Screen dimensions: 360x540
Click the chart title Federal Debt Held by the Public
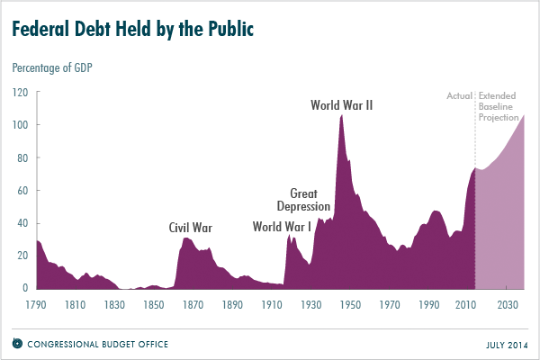tap(132, 29)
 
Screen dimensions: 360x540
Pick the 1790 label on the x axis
tap(37, 305)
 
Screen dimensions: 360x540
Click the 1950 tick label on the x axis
tap(351, 305)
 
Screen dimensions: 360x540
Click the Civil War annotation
tap(191, 228)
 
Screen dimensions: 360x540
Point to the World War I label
tap(282, 228)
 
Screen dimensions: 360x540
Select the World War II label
tap(341, 105)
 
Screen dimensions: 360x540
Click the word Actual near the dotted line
tap(459, 94)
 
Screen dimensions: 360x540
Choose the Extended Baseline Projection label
tap(499, 105)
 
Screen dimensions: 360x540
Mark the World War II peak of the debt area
tap(342, 117)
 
